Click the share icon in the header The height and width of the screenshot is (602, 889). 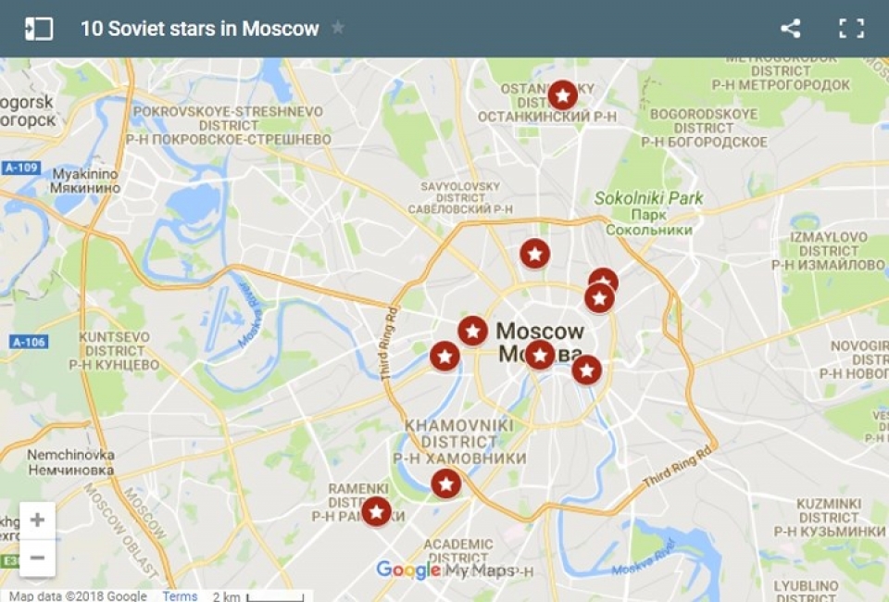(x=790, y=29)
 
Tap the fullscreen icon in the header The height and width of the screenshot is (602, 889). (x=851, y=29)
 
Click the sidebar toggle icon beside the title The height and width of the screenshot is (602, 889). (x=39, y=29)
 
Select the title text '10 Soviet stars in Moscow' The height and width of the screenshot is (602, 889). (x=199, y=29)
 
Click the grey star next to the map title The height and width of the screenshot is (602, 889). (x=338, y=28)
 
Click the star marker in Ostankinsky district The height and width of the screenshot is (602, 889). (x=562, y=95)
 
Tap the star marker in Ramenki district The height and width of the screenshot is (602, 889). (x=376, y=511)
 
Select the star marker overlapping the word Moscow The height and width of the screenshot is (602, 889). (x=540, y=355)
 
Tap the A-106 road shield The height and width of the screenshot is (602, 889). (x=29, y=342)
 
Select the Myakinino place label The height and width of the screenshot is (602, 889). (x=85, y=181)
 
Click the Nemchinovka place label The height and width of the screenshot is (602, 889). (x=70, y=462)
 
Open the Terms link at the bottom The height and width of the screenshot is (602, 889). (x=180, y=596)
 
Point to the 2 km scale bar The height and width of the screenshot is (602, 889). (x=244, y=596)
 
